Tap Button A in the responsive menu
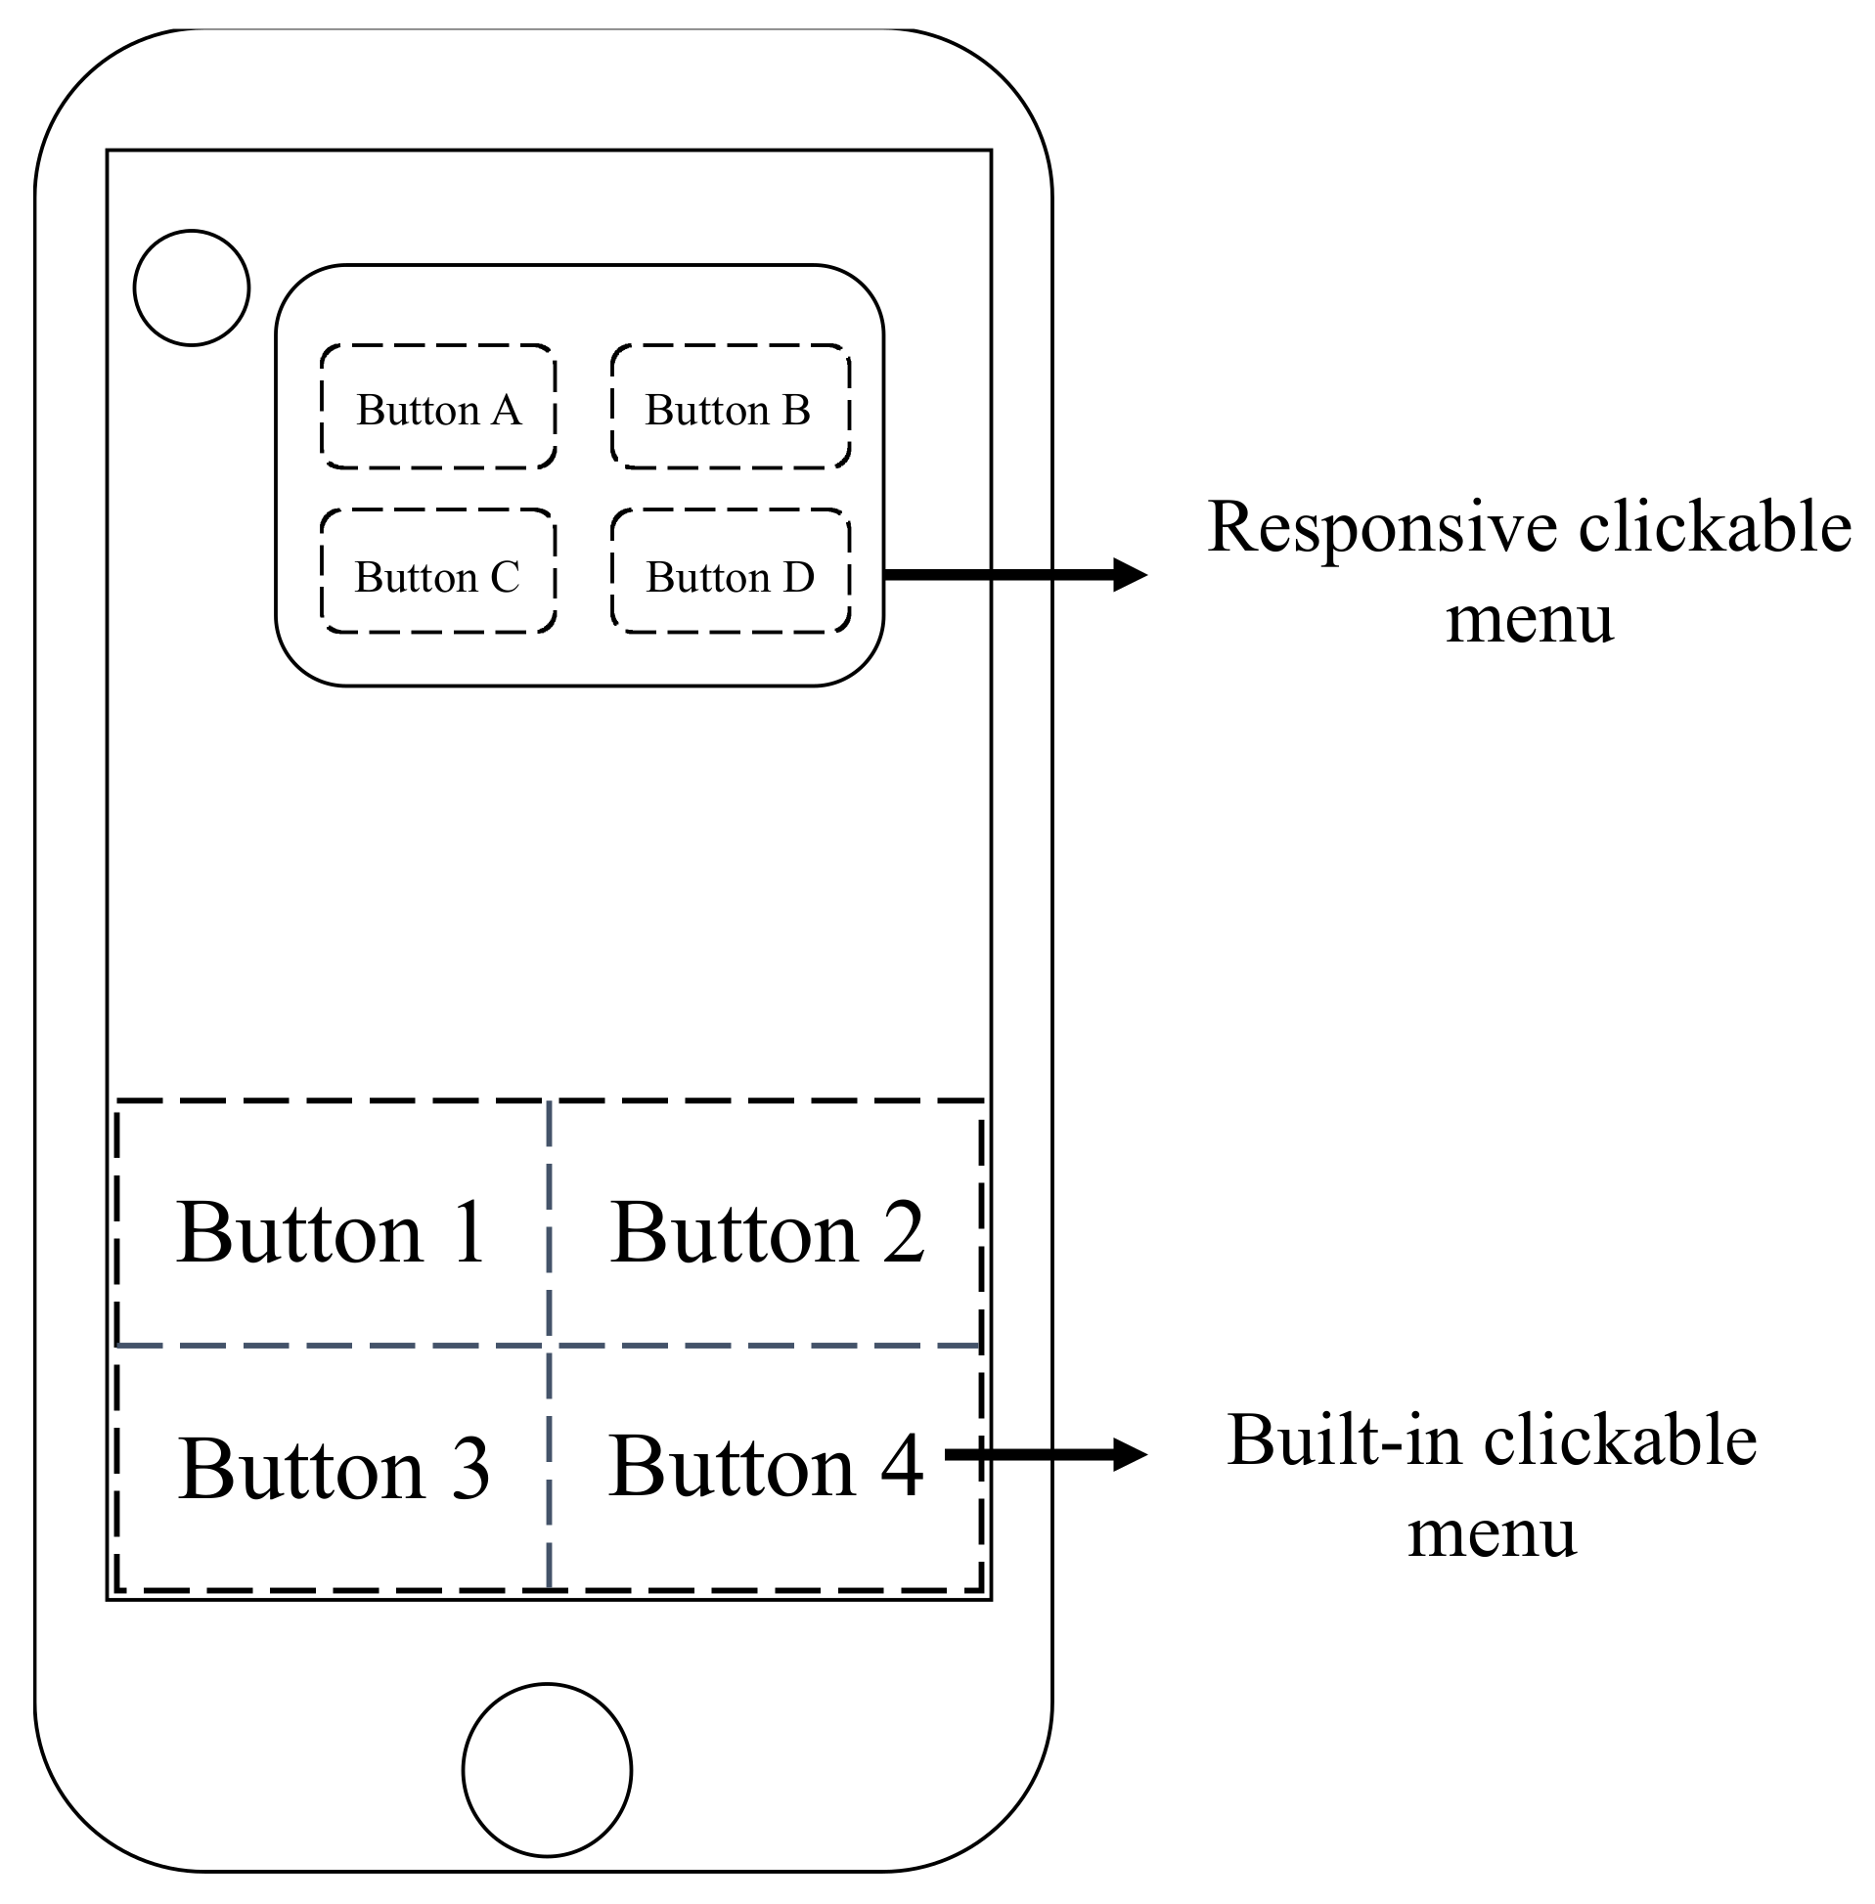point(437,410)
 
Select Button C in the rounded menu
point(437,577)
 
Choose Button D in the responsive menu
point(730,577)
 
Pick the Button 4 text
point(765,1468)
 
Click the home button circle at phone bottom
point(547,1770)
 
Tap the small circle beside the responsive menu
point(191,288)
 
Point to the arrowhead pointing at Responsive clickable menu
point(1131,574)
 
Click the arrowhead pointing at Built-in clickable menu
point(1131,1454)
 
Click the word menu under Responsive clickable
point(1530,620)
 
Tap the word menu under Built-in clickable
point(1491,1533)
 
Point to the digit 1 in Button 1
point(468,1232)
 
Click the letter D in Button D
point(799,577)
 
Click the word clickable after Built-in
point(1620,1441)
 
